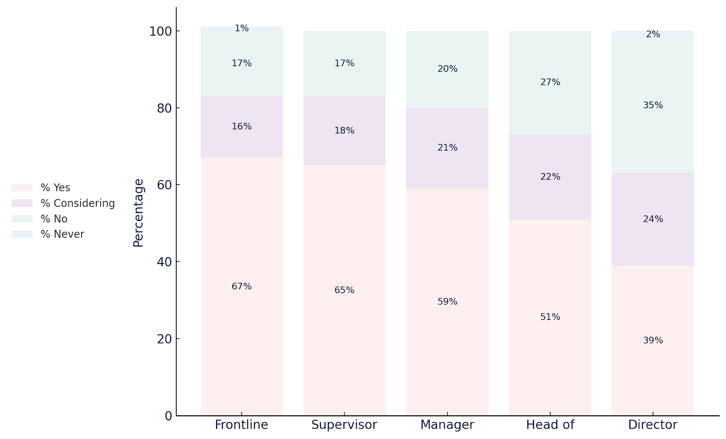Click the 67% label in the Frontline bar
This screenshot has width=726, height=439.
pos(241,287)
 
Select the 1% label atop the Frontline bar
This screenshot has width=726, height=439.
pos(241,29)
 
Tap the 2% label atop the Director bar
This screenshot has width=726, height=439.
pos(652,34)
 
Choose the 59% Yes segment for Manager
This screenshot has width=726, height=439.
pos(447,327)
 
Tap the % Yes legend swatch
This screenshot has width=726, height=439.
pos(22,188)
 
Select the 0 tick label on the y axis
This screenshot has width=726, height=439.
pos(168,416)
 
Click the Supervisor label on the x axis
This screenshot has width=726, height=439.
pos(344,425)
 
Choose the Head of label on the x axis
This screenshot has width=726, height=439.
pos(550,425)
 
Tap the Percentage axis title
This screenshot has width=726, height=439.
pos(138,212)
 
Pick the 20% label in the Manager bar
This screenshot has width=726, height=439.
pos(447,69)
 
